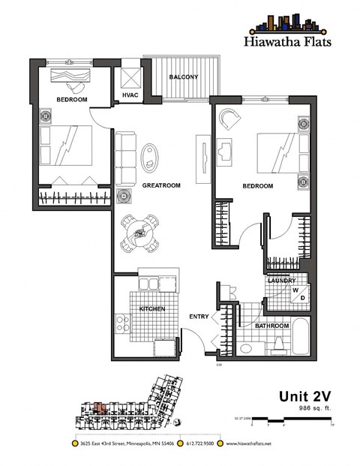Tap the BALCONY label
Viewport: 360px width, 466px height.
pyautogui.click(x=183, y=77)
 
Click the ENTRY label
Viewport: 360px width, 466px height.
pyautogui.click(x=199, y=317)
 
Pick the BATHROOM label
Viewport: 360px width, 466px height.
pyautogui.click(x=271, y=326)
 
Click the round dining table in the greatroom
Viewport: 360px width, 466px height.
pyautogui.click(x=140, y=232)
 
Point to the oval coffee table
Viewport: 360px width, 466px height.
pyautogui.click(x=151, y=156)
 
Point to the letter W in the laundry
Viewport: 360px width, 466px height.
pyautogui.click(x=295, y=290)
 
